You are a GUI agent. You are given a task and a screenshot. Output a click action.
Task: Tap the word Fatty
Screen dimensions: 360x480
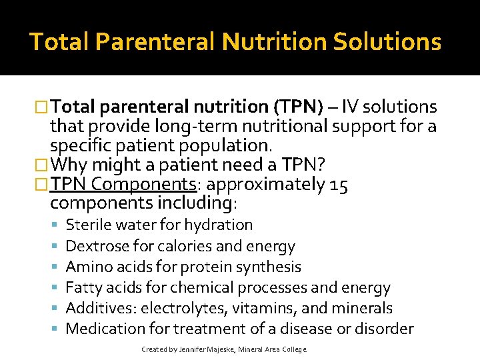[83, 288]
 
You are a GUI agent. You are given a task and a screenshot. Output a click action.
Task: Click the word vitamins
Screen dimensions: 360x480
[257, 309]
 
